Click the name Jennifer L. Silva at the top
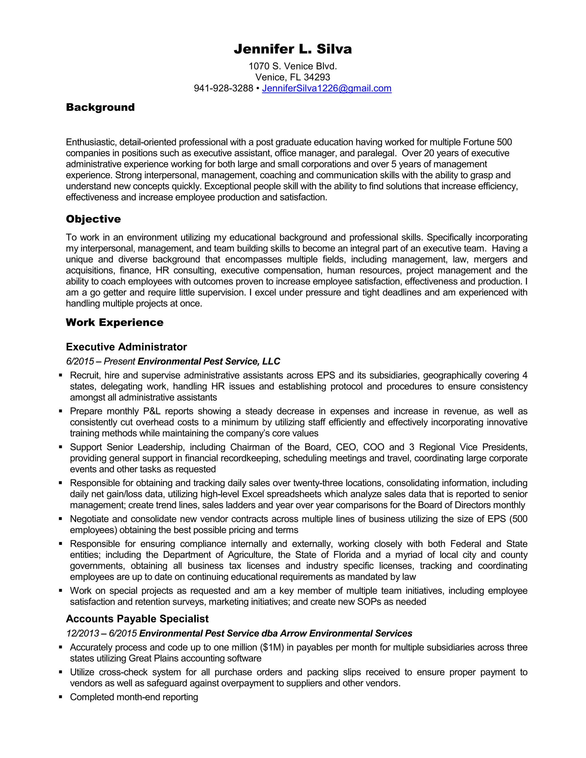[x=293, y=49]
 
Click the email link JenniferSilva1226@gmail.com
[x=327, y=88]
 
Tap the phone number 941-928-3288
[x=223, y=88]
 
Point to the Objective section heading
[x=93, y=219]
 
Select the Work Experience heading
[x=114, y=322]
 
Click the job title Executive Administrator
[x=126, y=347]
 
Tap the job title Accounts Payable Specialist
[x=137, y=618]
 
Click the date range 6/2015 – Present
[x=100, y=361]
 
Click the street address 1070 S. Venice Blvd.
[x=293, y=66]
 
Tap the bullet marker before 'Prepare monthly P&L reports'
[x=61, y=411]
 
